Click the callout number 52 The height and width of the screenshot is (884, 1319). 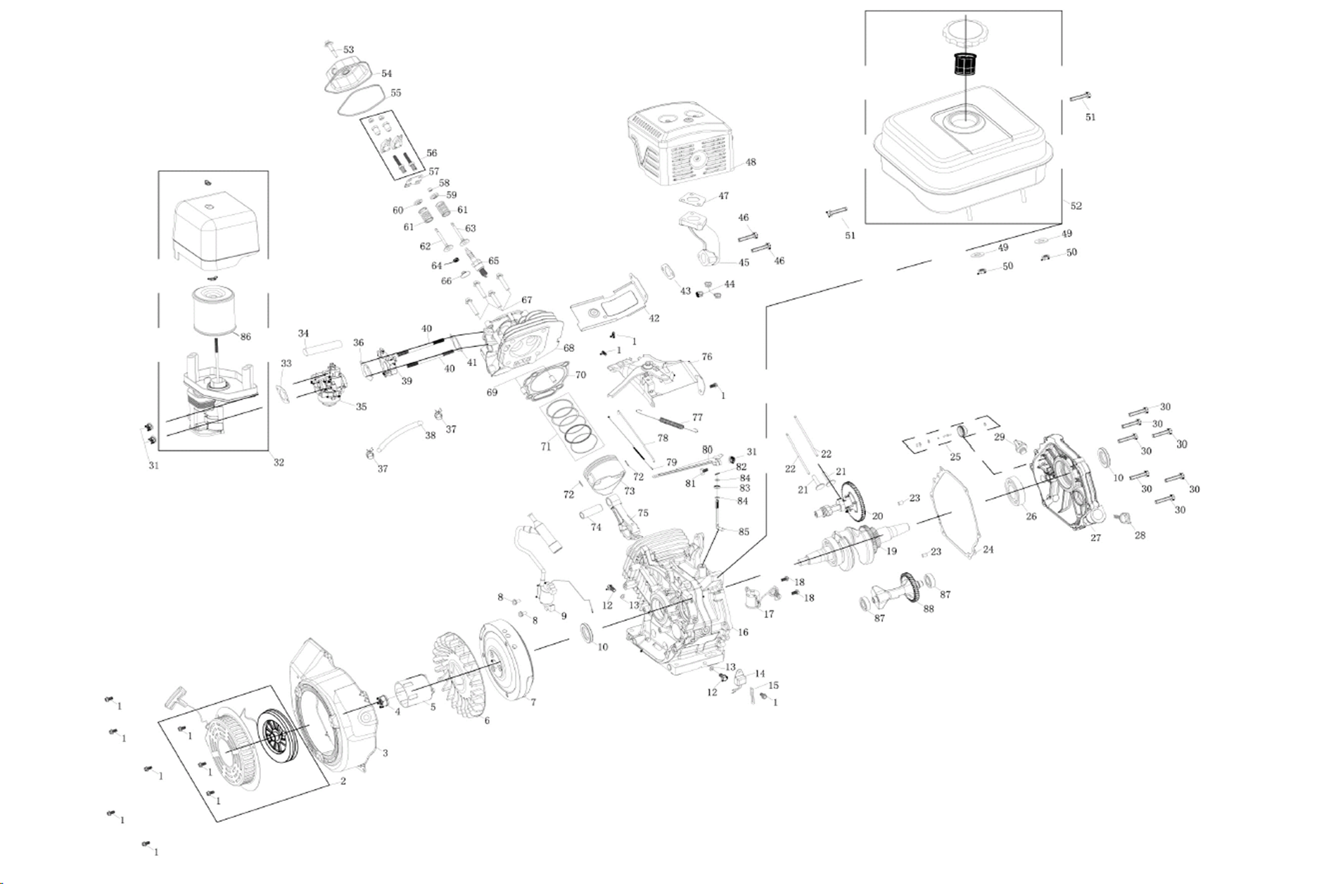[x=1076, y=206]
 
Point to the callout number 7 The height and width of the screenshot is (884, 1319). [x=533, y=702]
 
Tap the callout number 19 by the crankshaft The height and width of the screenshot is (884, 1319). [x=891, y=551]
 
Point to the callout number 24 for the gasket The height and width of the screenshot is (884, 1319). [x=988, y=550]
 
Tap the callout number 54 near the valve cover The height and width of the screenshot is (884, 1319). [x=386, y=73]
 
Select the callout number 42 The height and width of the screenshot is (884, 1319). [x=654, y=318]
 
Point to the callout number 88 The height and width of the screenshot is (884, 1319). [x=929, y=609]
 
